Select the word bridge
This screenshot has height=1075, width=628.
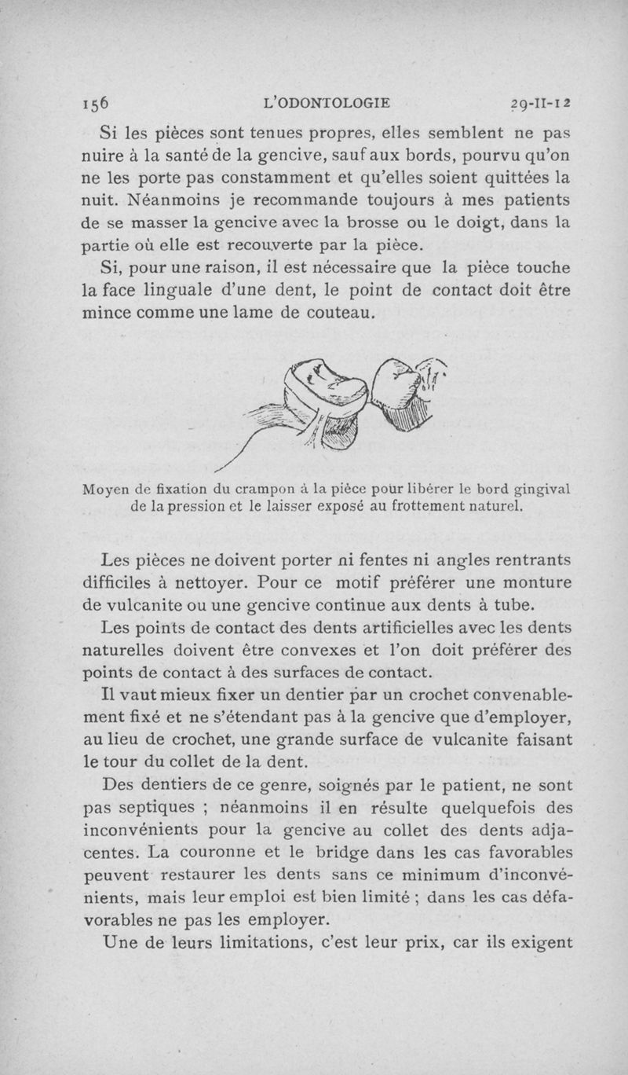tap(352, 853)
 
